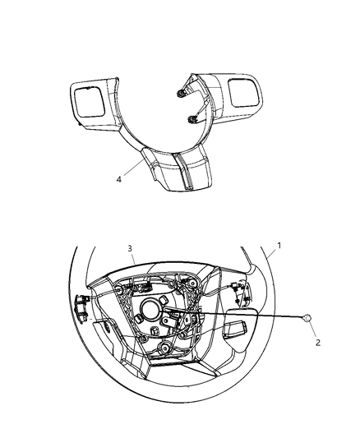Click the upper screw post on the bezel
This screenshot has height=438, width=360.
pyautogui.click(x=180, y=93)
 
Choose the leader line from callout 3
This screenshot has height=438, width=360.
pyautogui.click(x=133, y=263)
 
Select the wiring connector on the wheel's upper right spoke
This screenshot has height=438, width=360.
pyautogui.click(x=236, y=289)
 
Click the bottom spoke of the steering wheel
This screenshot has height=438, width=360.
pyautogui.click(x=176, y=390)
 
